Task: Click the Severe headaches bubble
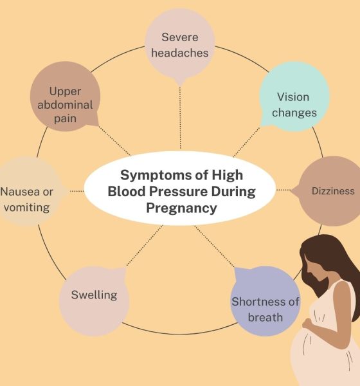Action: [180, 44]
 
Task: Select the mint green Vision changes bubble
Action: [294, 96]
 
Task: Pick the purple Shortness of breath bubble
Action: [265, 301]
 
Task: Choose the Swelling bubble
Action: [94, 301]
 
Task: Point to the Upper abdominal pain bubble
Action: [65, 96]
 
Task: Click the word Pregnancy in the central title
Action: [181, 208]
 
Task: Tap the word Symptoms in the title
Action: [155, 175]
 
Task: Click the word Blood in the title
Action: [127, 192]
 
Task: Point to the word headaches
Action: [180, 53]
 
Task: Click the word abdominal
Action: [65, 105]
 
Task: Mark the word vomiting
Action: [27, 208]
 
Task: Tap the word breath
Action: [265, 317]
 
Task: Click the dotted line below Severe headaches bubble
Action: [181, 118]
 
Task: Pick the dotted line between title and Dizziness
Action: [283, 190]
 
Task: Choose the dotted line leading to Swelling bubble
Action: [145, 246]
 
